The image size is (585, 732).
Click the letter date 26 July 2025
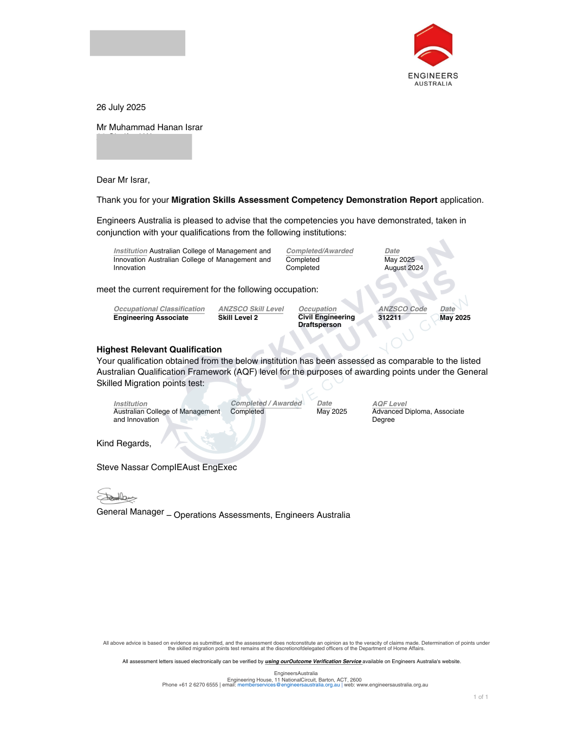pyautogui.click(x=121, y=107)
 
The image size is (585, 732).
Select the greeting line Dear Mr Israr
pyautogui.click(x=123, y=180)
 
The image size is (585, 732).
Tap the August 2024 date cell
pyautogui.click(x=404, y=268)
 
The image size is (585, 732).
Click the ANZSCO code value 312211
pyautogui.click(x=389, y=318)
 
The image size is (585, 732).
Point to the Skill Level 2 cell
pyautogui.click(x=238, y=318)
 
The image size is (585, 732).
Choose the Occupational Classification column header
pyautogui.click(x=159, y=309)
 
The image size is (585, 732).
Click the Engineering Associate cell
pyautogui.click(x=151, y=318)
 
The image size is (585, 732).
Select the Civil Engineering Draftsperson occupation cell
pyautogui.click(x=326, y=321)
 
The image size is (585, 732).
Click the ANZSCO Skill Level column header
pyautogui.click(x=251, y=309)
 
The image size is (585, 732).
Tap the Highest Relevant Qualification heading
pyautogui.click(x=159, y=350)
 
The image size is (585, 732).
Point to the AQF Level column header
pyautogui.click(x=389, y=404)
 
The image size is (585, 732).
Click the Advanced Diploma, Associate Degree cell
pyautogui.click(x=418, y=415)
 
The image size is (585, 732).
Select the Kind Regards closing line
pyautogui.click(x=123, y=444)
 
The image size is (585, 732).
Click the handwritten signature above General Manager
pyautogui.click(x=116, y=496)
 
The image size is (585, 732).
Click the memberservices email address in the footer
pyautogui.click(x=288, y=685)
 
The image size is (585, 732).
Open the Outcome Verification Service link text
pyautogui.click(x=313, y=662)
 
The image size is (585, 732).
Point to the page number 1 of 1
pyautogui.click(x=480, y=697)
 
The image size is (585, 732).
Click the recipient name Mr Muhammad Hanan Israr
pyautogui.click(x=149, y=127)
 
